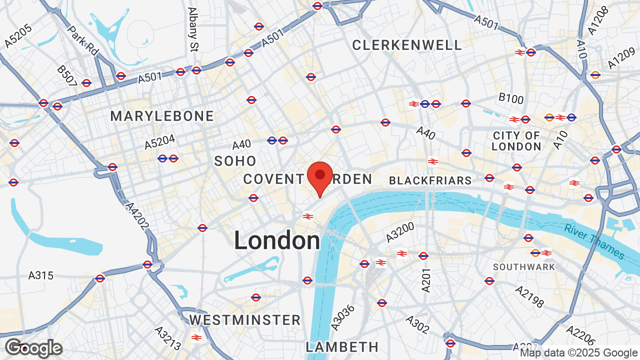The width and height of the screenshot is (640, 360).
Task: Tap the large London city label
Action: coord(277,241)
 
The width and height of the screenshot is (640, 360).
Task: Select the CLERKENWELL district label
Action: coord(407,45)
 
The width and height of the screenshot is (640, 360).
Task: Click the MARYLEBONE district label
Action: coord(162,116)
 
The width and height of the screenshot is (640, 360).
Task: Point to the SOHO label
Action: coord(235,161)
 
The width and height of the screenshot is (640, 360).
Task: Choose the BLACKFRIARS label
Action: coord(430,180)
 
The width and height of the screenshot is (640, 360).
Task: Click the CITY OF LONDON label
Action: coord(516,141)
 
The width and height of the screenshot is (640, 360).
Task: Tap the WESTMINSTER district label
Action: coord(245,319)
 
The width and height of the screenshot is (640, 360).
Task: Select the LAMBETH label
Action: coord(342,346)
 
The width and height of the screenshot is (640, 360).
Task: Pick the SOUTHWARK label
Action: coord(524,267)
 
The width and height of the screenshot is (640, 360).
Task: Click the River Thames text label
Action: coord(594,242)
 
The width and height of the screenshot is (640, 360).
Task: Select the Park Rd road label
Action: coord(83,41)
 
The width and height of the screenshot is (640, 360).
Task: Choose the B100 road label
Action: coord(510,98)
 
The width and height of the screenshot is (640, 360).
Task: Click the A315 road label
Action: coord(40,275)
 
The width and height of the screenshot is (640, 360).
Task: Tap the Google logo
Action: coord(33,348)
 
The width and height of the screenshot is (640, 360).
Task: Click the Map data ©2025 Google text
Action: coord(579,353)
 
